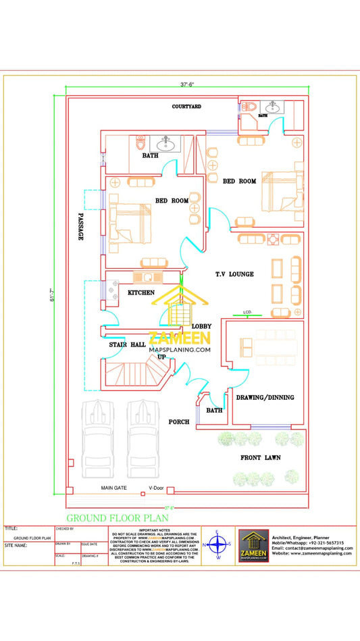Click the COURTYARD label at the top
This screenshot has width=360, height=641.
(186, 107)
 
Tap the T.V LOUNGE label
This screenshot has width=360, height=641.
(234, 274)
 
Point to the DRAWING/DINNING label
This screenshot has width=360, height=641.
(265, 397)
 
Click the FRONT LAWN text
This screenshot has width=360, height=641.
(261, 457)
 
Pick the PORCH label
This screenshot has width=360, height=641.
(179, 421)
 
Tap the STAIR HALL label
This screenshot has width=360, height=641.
(128, 345)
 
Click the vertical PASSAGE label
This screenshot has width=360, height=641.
(80, 226)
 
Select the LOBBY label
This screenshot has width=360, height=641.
(202, 326)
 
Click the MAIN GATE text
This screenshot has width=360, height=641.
(114, 488)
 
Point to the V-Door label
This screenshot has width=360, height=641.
(156, 488)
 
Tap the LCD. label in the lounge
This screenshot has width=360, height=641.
(247, 312)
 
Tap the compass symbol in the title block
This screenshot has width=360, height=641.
(217, 544)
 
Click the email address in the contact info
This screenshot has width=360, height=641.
(304, 548)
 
